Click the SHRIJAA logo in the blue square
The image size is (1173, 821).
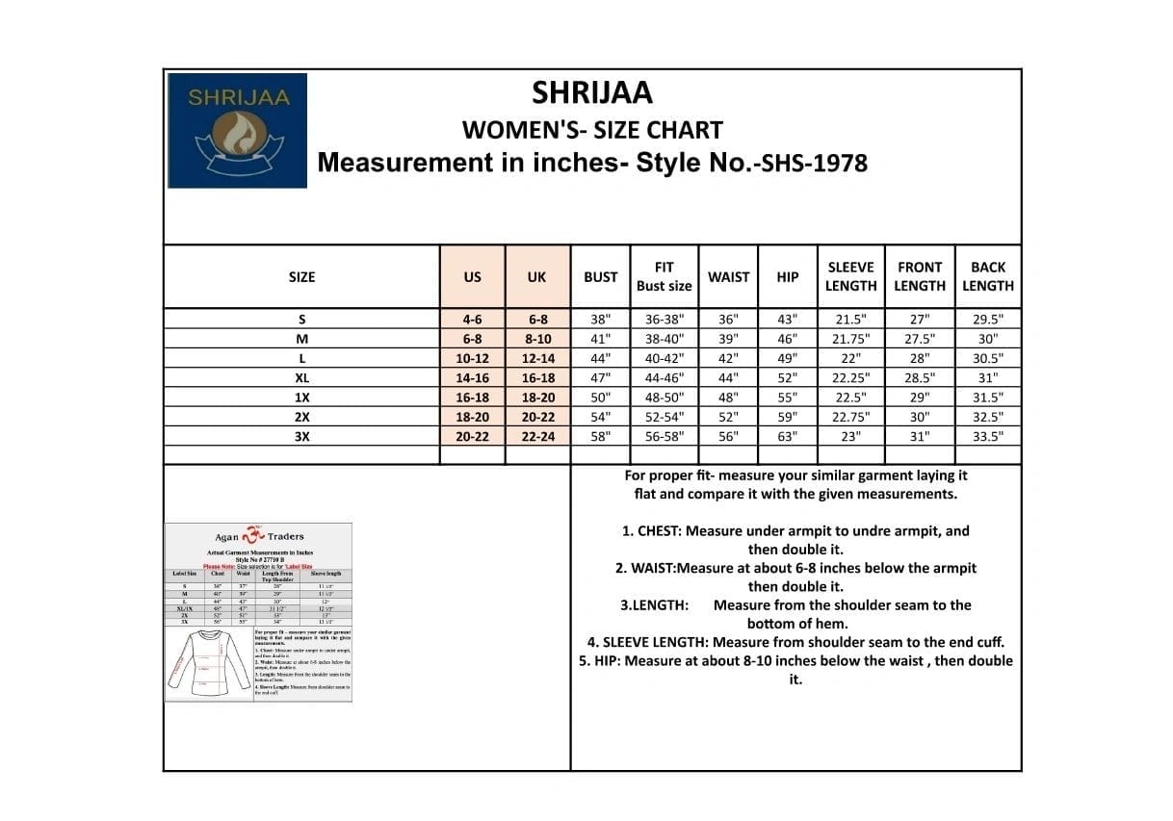click(x=237, y=130)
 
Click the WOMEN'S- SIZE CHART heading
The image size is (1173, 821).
click(x=592, y=129)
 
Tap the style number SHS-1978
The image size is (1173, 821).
click(x=814, y=163)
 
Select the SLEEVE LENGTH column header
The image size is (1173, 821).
click(x=850, y=276)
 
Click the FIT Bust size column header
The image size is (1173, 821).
click(x=664, y=276)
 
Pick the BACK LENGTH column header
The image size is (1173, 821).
click(x=987, y=276)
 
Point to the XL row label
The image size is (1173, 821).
click(x=301, y=378)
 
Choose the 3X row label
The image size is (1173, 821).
click(x=301, y=436)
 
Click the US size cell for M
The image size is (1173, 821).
click(x=472, y=339)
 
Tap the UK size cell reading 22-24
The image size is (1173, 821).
click(x=537, y=436)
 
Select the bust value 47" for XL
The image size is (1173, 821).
click(x=600, y=378)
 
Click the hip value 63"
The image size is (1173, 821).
click(x=788, y=436)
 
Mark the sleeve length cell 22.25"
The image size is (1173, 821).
click(x=850, y=378)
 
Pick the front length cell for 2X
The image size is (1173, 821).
click(x=920, y=417)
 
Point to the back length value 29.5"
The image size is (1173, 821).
click(x=987, y=320)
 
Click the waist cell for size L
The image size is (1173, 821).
click(x=728, y=358)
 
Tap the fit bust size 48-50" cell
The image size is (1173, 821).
click(x=664, y=398)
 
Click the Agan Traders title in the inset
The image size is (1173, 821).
click(x=258, y=536)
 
